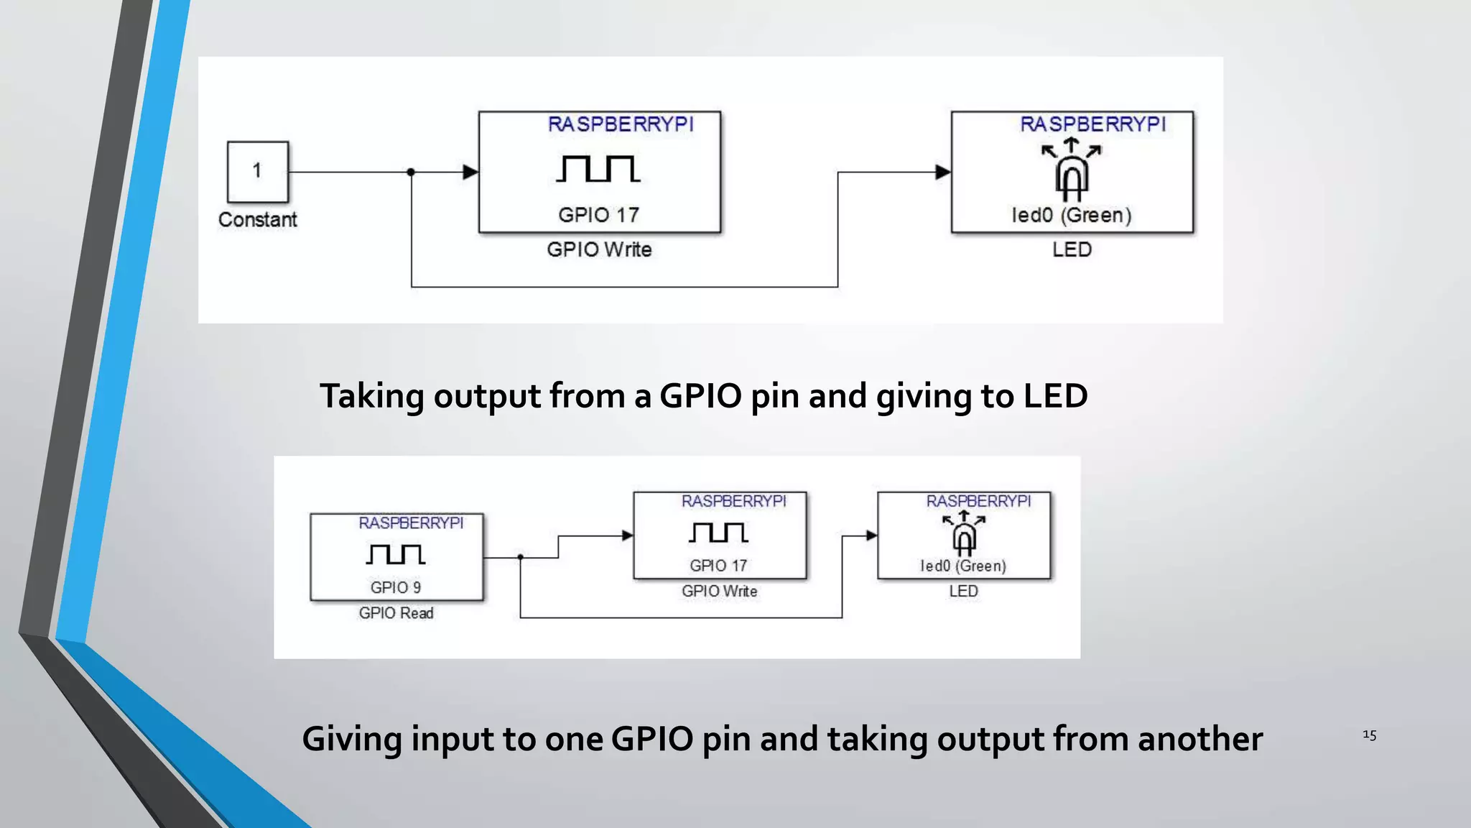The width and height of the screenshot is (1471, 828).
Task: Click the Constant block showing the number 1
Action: click(258, 172)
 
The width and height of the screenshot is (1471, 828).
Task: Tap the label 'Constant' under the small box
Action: click(257, 220)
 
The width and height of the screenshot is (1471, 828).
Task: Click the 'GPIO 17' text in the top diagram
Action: click(598, 215)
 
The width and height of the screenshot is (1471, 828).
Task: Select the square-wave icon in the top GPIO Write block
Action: click(598, 169)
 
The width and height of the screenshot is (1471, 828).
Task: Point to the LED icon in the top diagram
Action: click(1071, 172)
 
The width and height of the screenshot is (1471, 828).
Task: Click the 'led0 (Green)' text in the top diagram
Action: click(1071, 215)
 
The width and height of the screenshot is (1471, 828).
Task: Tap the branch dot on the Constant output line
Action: click(411, 172)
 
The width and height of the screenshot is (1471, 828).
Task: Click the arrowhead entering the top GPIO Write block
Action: click(470, 172)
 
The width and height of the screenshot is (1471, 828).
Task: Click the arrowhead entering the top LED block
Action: click(943, 172)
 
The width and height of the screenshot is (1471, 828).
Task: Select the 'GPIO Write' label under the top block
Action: click(599, 249)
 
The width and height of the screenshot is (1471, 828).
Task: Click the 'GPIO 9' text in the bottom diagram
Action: click(396, 587)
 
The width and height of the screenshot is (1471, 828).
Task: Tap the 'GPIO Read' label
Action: click(396, 613)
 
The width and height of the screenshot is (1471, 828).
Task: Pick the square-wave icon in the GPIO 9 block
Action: click(396, 554)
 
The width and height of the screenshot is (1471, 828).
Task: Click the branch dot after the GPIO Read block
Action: click(520, 557)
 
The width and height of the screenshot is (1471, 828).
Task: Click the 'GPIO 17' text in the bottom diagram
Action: click(718, 566)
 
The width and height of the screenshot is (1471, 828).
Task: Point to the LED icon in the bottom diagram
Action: click(964, 535)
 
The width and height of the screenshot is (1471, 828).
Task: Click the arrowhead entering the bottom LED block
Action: click(871, 535)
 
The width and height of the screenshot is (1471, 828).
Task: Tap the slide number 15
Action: click(1369, 735)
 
